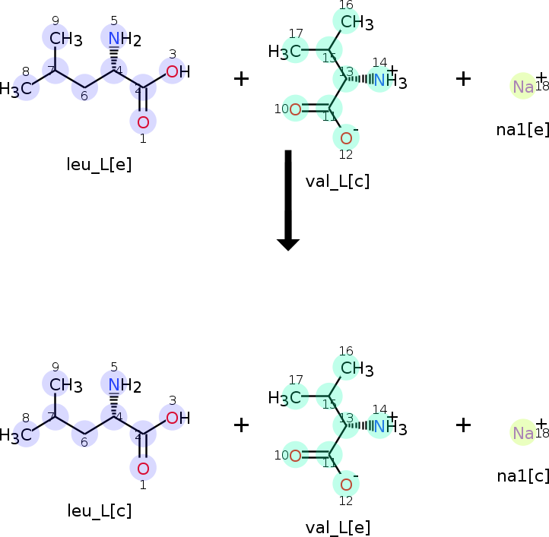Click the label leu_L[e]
coord(99,165)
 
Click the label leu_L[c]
coord(99,510)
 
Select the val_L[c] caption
coord(337,182)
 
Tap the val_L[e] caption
coord(337,526)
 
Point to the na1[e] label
coord(522,129)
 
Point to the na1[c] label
coord(522,475)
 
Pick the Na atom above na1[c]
coord(522,432)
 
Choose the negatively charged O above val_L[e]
coord(346,484)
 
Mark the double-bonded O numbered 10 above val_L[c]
coord(295,109)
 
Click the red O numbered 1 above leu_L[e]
coord(142,122)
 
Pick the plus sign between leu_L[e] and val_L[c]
coord(241,79)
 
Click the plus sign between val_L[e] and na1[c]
coord(463,425)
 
